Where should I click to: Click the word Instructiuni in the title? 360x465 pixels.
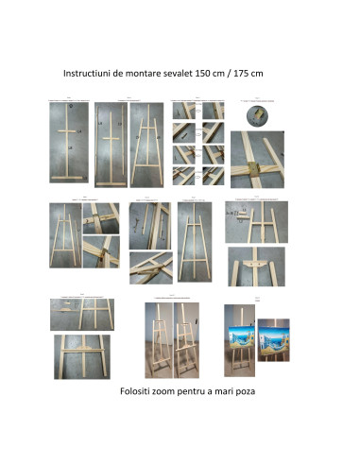(x=87, y=74)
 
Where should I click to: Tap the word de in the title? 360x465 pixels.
(x=118, y=74)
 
